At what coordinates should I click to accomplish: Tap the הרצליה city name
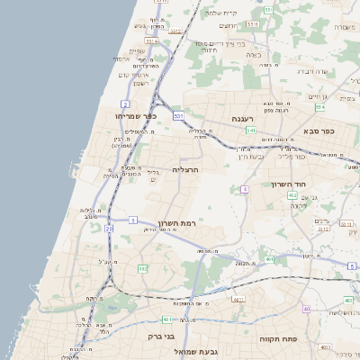click(x=184, y=169)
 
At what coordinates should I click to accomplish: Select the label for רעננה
click(x=243, y=119)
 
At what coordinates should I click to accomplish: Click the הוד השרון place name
click(x=289, y=184)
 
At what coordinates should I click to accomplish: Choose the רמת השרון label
click(x=175, y=223)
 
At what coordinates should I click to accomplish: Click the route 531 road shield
click(x=178, y=116)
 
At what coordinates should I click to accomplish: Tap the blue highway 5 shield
click(x=132, y=220)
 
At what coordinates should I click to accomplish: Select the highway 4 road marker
click(x=245, y=189)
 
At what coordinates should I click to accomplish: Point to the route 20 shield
click(x=110, y=229)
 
